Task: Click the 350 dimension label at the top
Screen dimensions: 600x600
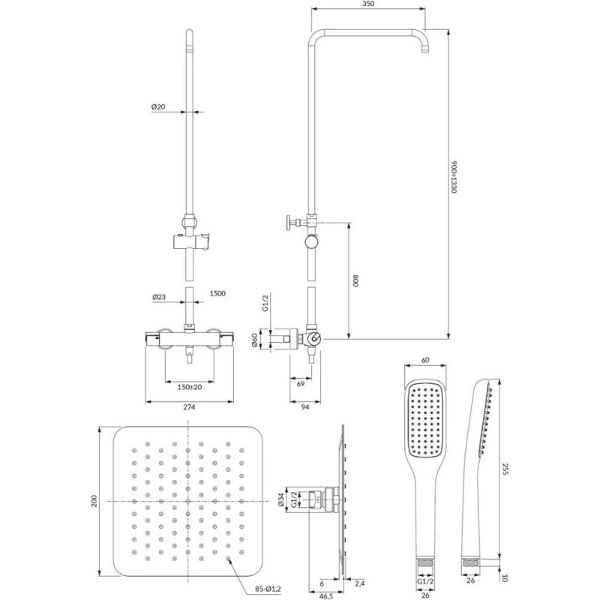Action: pyautogui.click(x=367, y=4)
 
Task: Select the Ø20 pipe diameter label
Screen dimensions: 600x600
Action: pyautogui.click(x=158, y=106)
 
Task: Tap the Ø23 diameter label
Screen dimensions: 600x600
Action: pyautogui.click(x=159, y=296)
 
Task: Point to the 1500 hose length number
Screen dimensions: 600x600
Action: pyautogui.click(x=217, y=293)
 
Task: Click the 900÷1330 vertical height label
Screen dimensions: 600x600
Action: pyautogui.click(x=454, y=177)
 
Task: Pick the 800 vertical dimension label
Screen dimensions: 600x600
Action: pyautogui.click(x=355, y=281)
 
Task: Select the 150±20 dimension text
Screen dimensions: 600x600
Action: pyautogui.click(x=190, y=387)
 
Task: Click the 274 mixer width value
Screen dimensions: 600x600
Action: pyautogui.click(x=189, y=407)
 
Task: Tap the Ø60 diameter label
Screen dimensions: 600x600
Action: pyautogui.click(x=254, y=339)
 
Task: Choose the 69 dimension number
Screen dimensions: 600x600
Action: pyautogui.click(x=301, y=383)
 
